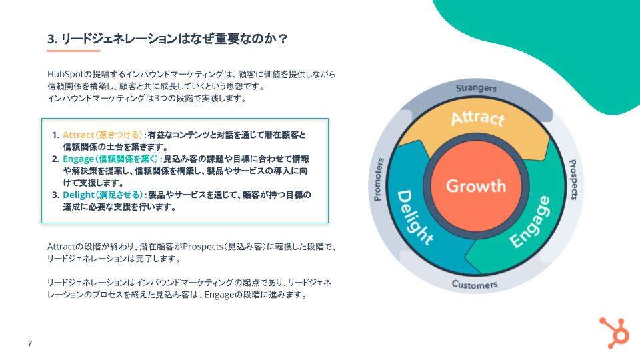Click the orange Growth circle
click(476, 186)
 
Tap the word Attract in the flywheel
click(478, 118)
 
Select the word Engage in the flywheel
click(531, 222)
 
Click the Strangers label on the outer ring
click(476, 88)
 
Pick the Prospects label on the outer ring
click(573, 179)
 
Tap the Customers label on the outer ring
click(475, 285)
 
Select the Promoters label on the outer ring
click(379, 179)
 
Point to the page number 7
click(30, 344)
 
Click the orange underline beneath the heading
click(73, 51)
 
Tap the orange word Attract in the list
click(78, 135)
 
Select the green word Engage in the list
click(78, 159)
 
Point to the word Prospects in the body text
click(203, 247)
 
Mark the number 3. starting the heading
click(52, 39)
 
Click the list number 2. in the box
click(56, 159)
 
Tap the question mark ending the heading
click(283, 39)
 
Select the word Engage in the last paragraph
click(219, 295)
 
